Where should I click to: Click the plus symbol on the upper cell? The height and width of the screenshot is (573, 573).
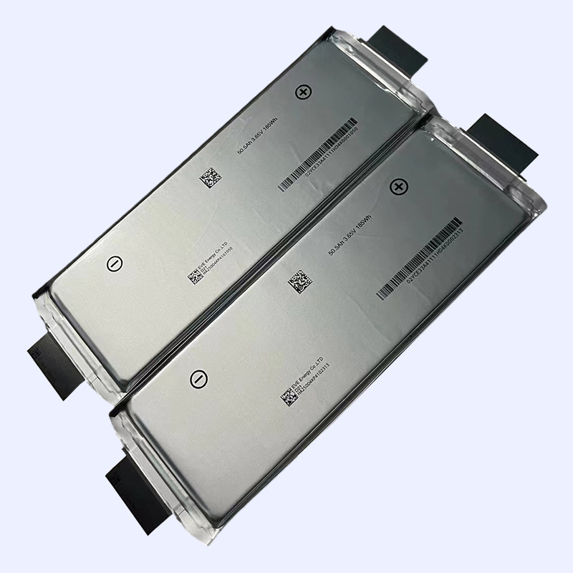[303, 92]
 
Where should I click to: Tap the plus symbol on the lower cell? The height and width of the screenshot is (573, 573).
[396, 188]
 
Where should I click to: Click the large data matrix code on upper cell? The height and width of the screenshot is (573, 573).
[208, 176]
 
